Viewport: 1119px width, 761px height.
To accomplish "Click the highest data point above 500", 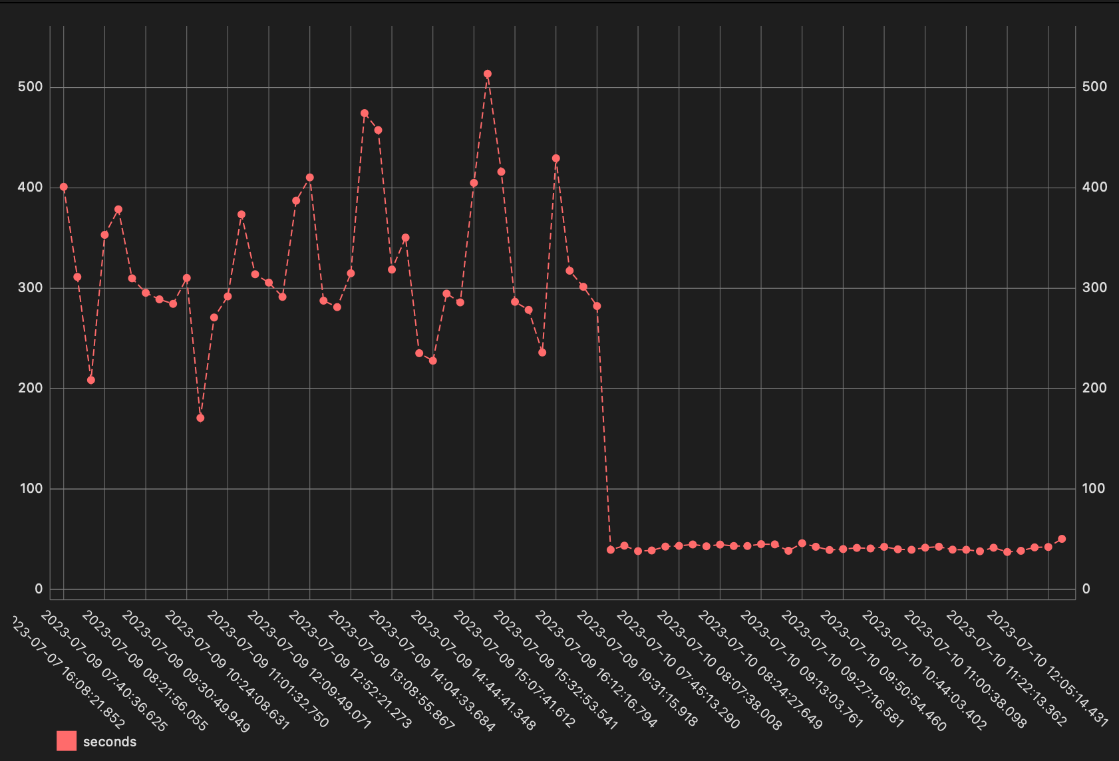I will point(488,74).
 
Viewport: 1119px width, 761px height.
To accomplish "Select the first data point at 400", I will point(64,187).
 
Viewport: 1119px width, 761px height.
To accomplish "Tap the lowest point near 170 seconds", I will point(200,418).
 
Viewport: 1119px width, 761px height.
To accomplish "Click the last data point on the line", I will point(1062,539).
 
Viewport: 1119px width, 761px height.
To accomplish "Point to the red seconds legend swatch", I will point(67,741).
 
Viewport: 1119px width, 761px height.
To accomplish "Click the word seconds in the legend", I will point(110,742).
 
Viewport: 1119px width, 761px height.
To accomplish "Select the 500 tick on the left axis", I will point(31,87).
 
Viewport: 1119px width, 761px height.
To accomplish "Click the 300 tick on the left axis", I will point(31,288).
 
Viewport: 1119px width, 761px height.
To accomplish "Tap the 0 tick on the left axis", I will point(39,589).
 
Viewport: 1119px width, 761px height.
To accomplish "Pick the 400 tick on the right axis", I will point(1094,187).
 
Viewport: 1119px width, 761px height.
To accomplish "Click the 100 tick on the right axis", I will point(1094,488).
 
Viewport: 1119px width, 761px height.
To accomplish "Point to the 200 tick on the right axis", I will point(1094,388).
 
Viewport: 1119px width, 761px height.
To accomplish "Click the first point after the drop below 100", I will point(611,549).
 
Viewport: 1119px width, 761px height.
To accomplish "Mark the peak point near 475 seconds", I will point(365,113).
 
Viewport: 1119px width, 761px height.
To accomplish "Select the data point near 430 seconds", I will point(556,158).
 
